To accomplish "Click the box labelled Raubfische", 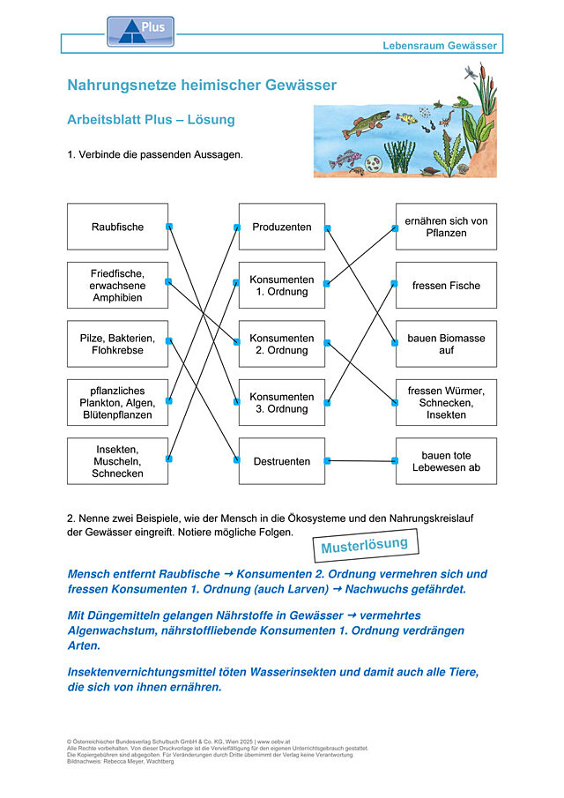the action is pyautogui.click(x=117, y=227).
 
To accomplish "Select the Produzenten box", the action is pyautogui.click(x=282, y=227).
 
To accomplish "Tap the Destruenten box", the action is pyautogui.click(x=282, y=461).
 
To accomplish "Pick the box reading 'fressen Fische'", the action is pyautogui.click(x=446, y=285).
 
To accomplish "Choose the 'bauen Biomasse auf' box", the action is pyautogui.click(x=446, y=344).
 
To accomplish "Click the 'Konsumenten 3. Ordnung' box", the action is pyautogui.click(x=282, y=403).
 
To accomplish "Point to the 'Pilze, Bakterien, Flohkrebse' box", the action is pyautogui.click(x=117, y=344).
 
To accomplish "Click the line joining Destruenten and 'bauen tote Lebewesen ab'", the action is pyautogui.click(x=360, y=461).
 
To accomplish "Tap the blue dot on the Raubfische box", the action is pyautogui.click(x=169, y=227).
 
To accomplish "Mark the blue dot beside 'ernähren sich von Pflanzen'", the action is pyautogui.click(x=395, y=228).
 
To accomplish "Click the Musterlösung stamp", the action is pyautogui.click(x=365, y=545).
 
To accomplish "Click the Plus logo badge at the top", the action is pyautogui.click(x=140, y=32).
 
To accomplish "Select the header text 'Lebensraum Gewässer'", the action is pyautogui.click(x=440, y=45).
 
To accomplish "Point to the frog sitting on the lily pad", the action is pyautogui.click(x=462, y=102).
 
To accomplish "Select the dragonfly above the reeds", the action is pyautogui.click(x=471, y=71).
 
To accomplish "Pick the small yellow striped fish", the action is pyautogui.click(x=406, y=118).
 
